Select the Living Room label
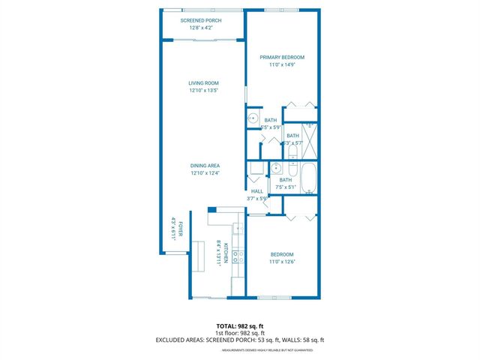(x=203, y=82)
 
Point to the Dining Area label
(x=203, y=166)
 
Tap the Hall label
(x=257, y=191)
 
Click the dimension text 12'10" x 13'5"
(x=203, y=91)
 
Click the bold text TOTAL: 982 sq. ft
(x=240, y=326)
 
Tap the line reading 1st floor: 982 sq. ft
(x=240, y=333)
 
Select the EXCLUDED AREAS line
(x=240, y=340)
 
